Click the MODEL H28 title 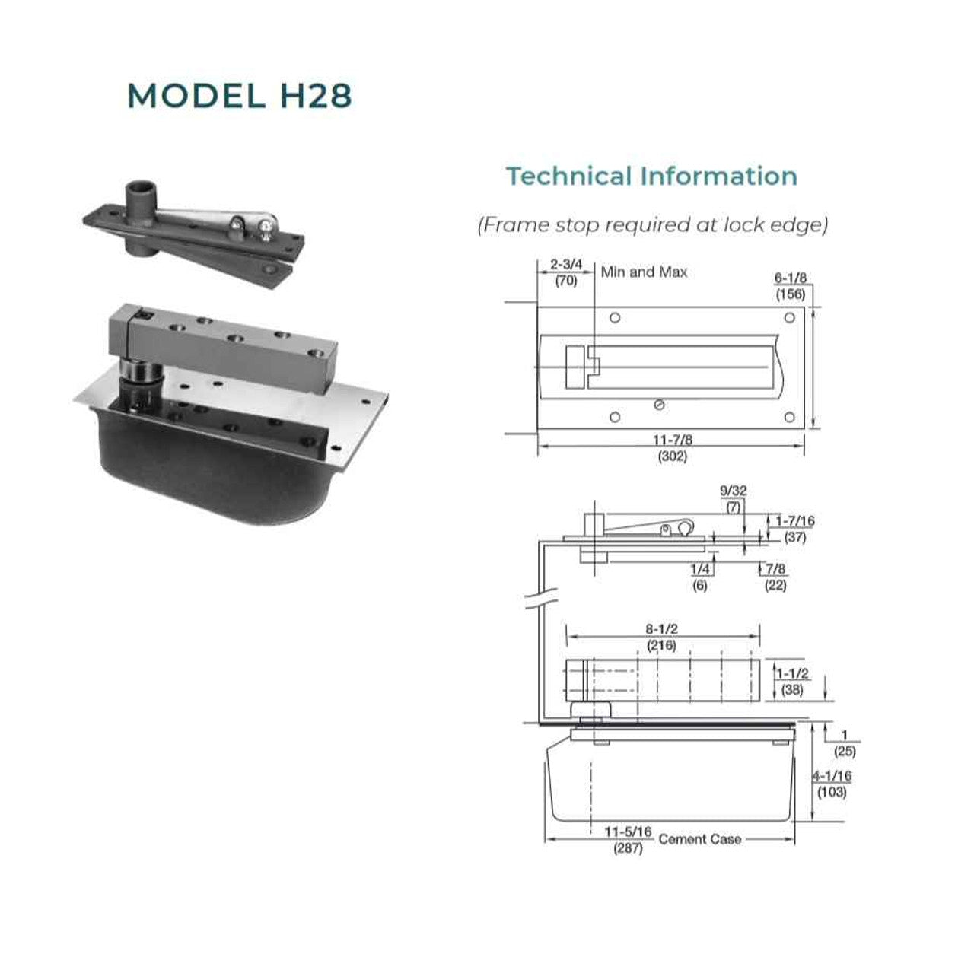[x=240, y=96]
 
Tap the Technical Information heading [x=651, y=176]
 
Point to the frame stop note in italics [x=653, y=224]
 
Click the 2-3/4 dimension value [x=566, y=264]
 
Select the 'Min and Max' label [x=644, y=272]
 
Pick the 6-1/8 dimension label [x=791, y=278]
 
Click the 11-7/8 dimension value [x=672, y=440]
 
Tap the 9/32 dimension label [x=733, y=491]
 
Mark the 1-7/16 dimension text [x=795, y=520]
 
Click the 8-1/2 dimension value [x=661, y=629]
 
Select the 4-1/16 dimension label [x=832, y=776]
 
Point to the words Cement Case [x=699, y=840]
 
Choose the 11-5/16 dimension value [x=628, y=832]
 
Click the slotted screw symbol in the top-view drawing [x=659, y=405]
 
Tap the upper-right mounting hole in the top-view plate [x=790, y=318]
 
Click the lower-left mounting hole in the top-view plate [x=615, y=417]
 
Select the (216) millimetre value [x=661, y=646]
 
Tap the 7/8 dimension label [x=775, y=569]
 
